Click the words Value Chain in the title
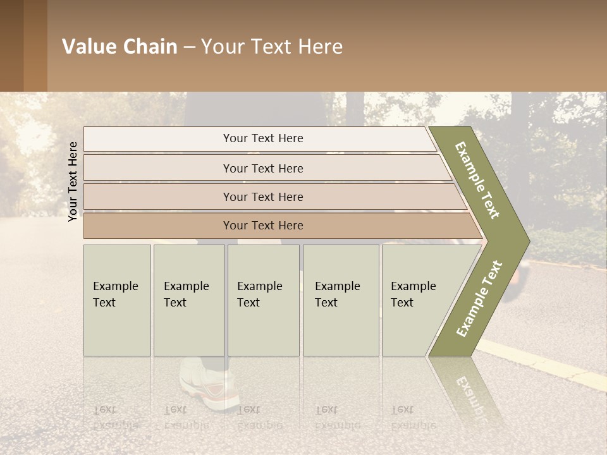point(120,47)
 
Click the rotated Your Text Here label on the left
point(73,181)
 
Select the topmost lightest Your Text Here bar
point(262,138)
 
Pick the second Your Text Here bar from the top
point(262,168)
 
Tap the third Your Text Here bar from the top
point(262,197)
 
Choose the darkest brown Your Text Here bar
point(262,226)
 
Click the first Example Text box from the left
point(117,300)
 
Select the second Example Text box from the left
point(188,300)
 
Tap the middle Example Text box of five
point(262,300)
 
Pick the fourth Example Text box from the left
point(340,300)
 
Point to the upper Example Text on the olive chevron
point(477,180)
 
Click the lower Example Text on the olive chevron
point(479,298)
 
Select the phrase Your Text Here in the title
point(272,47)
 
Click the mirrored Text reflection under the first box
point(105,410)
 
